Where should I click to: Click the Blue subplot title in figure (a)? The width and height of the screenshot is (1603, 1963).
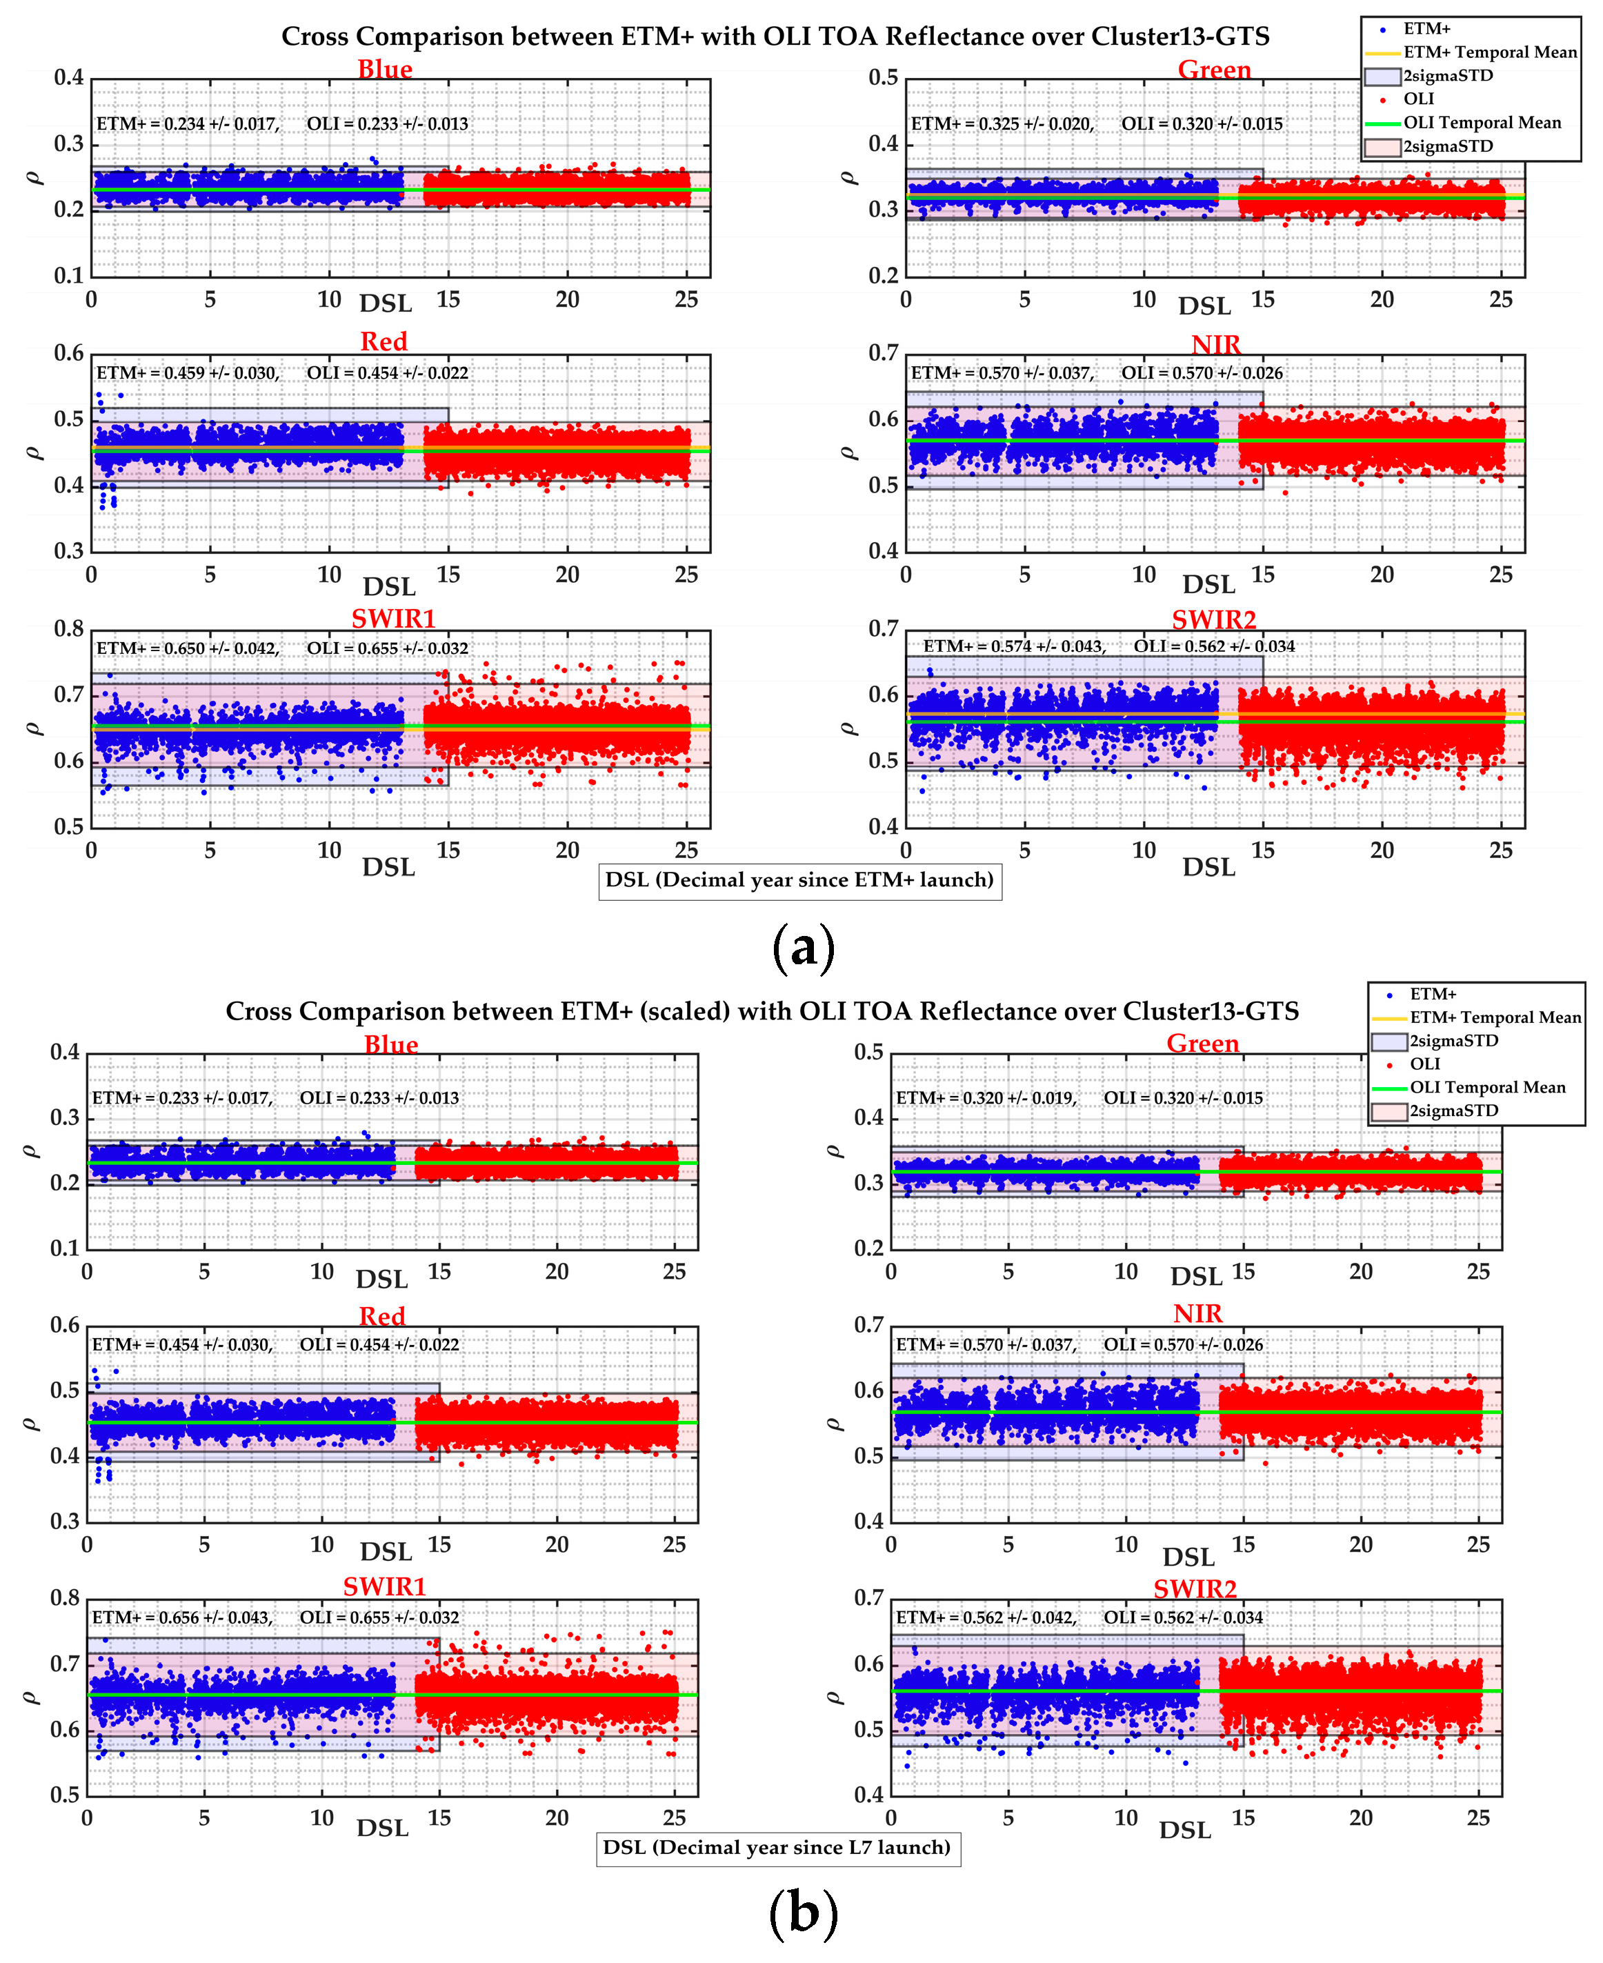coord(385,69)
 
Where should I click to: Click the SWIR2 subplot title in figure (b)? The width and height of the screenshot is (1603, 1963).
coord(1194,1588)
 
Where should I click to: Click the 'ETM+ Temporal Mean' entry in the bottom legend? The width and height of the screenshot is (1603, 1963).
coord(1495,1017)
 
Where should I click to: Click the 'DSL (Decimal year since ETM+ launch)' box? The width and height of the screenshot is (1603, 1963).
coord(799,880)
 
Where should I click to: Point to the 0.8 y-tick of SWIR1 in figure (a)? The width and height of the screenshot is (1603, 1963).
coord(69,629)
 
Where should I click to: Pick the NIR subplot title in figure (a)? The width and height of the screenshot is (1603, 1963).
coord(1215,344)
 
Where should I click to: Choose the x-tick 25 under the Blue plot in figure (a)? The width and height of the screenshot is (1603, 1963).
coord(686,299)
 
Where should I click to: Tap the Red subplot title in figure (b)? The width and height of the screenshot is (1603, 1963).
coord(381,1316)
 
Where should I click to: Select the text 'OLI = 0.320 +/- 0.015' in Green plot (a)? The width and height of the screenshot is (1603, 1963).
coord(1202,123)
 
